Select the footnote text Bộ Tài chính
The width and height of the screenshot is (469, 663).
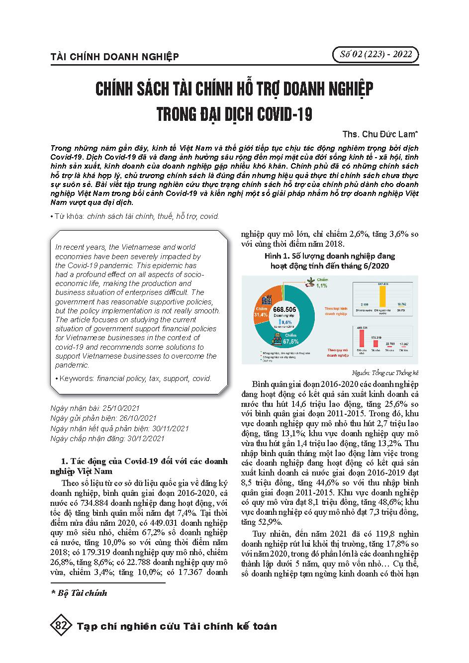[82, 593]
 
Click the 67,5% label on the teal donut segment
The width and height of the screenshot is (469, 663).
[290, 342]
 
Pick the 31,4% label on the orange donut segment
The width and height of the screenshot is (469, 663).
[261, 315]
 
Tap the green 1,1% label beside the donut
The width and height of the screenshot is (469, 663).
[322, 285]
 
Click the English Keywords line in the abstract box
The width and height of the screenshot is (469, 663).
[133, 378]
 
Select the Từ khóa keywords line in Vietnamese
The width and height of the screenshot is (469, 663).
[135, 216]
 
